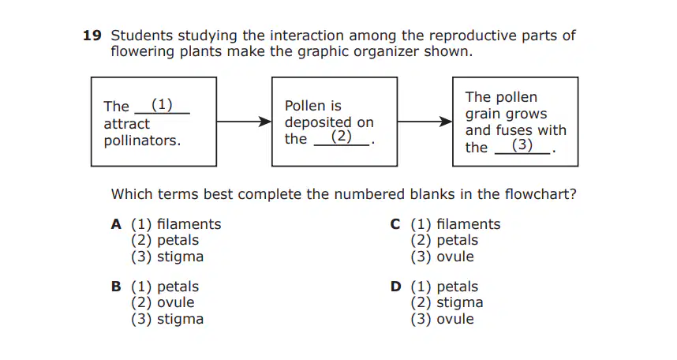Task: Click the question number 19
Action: [x=92, y=36]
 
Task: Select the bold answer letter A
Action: [x=116, y=224]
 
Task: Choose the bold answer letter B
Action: [x=116, y=287]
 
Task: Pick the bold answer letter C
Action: [x=395, y=224]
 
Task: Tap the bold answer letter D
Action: [x=395, y=287]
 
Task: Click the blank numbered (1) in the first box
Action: [x=163, y=106]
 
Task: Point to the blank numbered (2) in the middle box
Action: [x=342, y=137]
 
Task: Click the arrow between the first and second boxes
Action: [x=244, y=122]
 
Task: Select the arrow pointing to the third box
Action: [x=425, y=122]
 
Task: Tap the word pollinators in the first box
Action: [x=142, y=141]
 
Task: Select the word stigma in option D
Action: [x=460, y=303]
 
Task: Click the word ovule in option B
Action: [x=176, y=302]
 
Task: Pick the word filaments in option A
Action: [x=189, y=224]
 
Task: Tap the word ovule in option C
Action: [x=455, y=257]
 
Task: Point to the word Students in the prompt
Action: [x=141, y=36]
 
